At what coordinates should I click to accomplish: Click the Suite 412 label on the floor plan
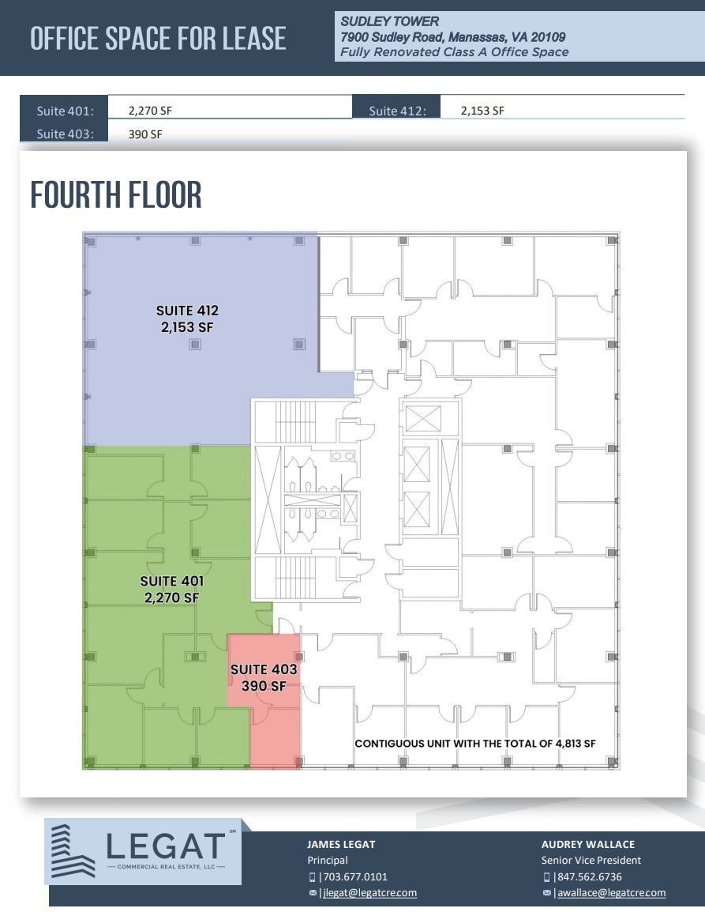point(187,318)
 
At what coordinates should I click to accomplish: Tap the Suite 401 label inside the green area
point(172,590)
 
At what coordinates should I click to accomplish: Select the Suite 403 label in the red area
point(264,677)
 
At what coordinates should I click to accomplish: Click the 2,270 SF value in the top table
point(150,111)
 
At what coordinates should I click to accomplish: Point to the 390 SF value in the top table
point(145,134)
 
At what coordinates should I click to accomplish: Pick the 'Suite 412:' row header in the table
point(398,111)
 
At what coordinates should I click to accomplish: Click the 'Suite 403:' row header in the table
point(65,134)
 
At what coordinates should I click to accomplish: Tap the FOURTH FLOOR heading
point(116,194)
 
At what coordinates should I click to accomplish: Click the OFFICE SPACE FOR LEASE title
point(158,39)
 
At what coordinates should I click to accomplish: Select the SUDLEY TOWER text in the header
point(389,21)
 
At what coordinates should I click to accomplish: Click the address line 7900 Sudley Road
point(452,37)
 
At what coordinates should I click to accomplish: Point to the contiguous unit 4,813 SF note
point(475,744)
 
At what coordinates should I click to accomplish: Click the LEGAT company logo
point(143,851)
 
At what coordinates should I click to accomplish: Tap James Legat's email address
point(369,893)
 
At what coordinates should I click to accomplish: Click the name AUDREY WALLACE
point(588,844)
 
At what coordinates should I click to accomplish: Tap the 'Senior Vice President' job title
point(591,860)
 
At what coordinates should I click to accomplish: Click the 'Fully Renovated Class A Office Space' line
point(455,52)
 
